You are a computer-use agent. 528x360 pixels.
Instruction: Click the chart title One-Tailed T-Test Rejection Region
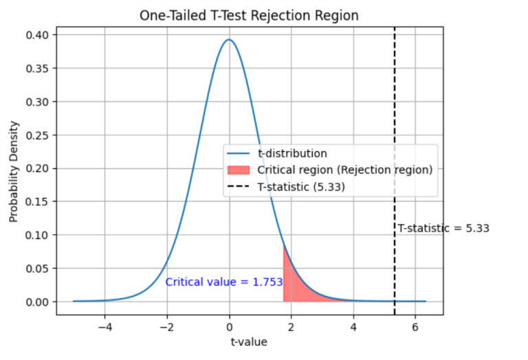[x=249, y=14]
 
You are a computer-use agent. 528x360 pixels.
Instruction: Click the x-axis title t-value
[x=249, y=341]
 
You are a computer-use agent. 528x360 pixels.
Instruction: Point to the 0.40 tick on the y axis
[x=40, y=35]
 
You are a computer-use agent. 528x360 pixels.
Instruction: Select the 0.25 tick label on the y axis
[x=40, y=135]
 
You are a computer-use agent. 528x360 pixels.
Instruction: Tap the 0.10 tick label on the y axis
[x=40, y=235]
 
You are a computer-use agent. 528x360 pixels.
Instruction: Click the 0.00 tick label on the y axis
[x=40, y=302]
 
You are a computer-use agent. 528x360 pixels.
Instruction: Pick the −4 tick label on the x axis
[x=105, y=327]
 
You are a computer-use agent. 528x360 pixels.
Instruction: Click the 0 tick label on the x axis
[x=230, y=327]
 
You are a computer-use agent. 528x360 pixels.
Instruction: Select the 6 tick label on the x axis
[x=415, y=327]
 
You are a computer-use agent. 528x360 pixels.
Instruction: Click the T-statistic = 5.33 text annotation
[x=443, y=229]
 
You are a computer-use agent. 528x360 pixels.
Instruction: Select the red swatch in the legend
[x=240, y=170]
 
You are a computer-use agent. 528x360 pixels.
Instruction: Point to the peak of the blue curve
[x=230, y=40]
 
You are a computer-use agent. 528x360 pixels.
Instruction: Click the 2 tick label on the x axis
[x=291, y=327]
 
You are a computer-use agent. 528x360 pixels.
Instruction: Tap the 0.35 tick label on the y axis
[x=40, y=69]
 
